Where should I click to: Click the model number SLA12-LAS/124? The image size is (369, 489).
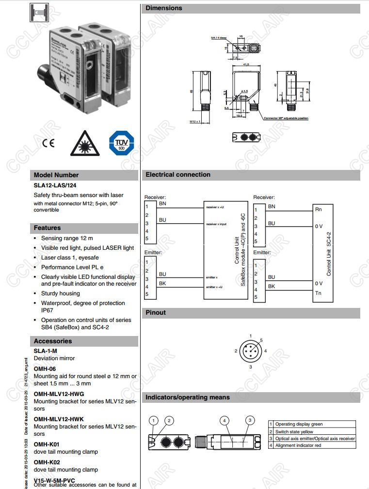coord(55,185)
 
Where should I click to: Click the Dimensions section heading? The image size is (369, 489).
coord(164,8)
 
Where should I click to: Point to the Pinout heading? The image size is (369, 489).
coord(156,313)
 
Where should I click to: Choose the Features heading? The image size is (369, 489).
coord(48,228)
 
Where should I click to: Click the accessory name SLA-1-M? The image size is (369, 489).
coord(46,351)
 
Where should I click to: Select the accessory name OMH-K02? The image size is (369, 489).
coord(47,462)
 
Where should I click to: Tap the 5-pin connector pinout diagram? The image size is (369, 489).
coord(251,351)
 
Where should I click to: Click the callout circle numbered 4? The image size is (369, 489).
coord(225,420)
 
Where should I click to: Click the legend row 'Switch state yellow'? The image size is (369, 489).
coord(294,431)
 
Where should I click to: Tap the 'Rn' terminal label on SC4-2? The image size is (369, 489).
coord(318,209)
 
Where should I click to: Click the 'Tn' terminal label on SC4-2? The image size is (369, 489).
coord(318,293)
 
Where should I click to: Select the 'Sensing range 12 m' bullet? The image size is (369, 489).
coord(67,238)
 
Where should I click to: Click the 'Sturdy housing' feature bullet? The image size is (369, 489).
coord(61,293)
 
